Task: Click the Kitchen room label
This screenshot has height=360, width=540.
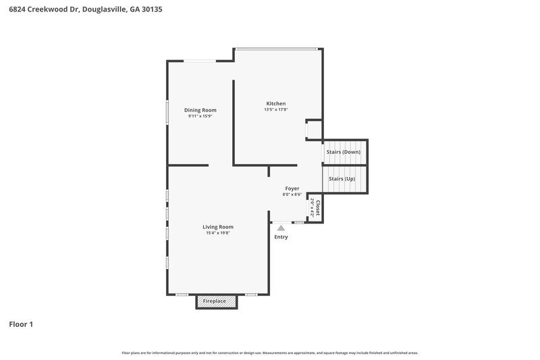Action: tap(275, 103)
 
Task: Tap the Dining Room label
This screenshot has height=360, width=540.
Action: tap(200, 110)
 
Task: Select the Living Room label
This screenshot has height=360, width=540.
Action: tap(218, 227)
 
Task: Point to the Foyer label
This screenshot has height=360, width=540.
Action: tap(292, 188)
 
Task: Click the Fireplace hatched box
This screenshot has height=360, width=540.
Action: tap(217, 301)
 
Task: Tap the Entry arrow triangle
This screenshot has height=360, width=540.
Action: tap(281, 228)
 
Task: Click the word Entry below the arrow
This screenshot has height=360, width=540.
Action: tap(281, 237)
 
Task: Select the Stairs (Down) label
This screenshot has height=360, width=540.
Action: tap(343, 152)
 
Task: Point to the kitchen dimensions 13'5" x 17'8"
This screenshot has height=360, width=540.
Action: tap(275, 109)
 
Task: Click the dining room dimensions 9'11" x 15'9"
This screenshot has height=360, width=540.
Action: tap(200, 116)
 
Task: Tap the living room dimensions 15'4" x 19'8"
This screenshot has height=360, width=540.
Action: tap(218, 233)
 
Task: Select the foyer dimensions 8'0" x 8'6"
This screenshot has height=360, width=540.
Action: tap(292, 195)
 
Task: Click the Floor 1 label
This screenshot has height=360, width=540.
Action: tap(21, 324)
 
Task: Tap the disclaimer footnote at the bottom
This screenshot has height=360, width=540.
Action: tap(269, 353)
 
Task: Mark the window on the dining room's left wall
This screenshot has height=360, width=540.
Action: tap(167, 112)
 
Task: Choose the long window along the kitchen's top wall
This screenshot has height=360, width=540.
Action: tap(275, 48)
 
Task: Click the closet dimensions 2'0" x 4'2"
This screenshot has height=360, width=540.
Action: tap(312, 206)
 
